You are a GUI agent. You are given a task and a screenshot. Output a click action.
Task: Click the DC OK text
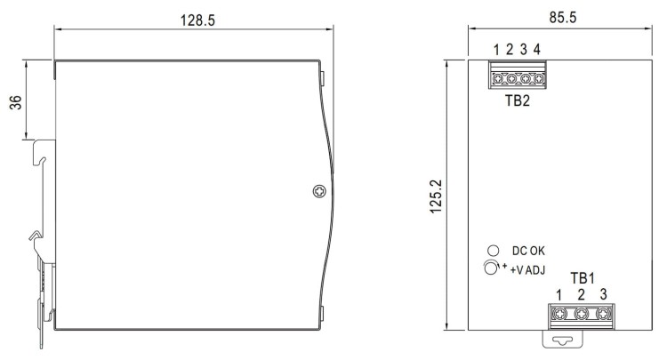point(531,252)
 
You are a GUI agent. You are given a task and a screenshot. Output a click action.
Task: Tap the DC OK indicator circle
point(492,252)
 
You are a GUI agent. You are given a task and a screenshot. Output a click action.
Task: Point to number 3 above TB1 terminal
point(604,294)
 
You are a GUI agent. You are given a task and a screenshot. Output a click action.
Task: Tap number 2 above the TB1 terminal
point(582,294)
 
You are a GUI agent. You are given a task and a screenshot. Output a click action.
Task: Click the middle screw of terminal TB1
point(582,314)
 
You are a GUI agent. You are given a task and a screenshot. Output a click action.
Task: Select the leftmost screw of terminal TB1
point(560,314)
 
